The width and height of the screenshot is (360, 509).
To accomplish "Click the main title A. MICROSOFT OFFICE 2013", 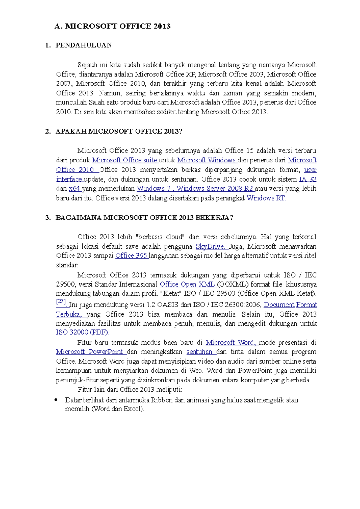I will coord(112,26).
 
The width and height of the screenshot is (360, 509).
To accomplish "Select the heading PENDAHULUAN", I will coord(84,45).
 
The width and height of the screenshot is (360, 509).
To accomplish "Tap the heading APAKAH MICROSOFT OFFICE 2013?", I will coord(119,131).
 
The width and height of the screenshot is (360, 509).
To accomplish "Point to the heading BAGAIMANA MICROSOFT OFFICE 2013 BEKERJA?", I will coord(144,218).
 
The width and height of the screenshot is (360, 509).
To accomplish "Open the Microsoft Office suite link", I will coord(125,160).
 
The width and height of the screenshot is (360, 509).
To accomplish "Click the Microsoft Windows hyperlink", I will coord(207,160).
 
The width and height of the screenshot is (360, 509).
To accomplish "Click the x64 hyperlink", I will coord(74,189).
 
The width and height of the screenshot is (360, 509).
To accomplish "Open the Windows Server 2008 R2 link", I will coord(215,189).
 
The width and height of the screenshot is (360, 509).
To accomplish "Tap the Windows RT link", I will coord(266,198).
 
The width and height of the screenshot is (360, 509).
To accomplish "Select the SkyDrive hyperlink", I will coord(211,246).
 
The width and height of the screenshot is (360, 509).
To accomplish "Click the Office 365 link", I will coord(131,256).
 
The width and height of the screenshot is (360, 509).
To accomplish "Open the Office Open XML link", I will coord(187,284).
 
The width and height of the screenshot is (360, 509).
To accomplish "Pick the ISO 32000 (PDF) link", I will coord(83,332).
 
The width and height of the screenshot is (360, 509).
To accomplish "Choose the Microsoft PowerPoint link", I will coord(90,352).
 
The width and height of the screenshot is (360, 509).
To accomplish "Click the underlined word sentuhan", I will coord(199,352).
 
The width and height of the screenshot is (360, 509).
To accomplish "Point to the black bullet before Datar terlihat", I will coord(56,400).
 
